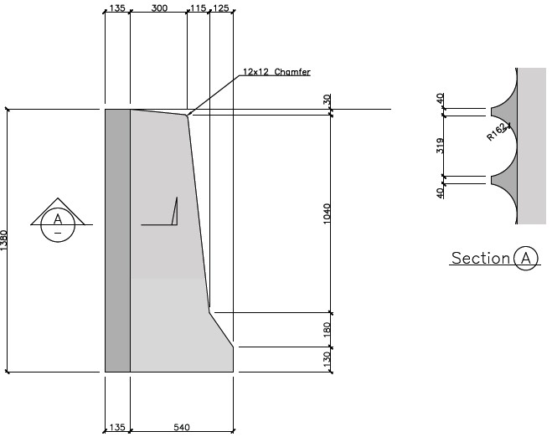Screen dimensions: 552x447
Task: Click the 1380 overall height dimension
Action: [3, 240]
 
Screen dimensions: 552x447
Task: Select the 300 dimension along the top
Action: [159, 8]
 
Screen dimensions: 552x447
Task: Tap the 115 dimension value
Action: [199, 8]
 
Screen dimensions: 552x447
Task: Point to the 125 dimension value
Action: [221, 8]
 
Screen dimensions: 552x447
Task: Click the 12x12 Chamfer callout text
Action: [276, 72]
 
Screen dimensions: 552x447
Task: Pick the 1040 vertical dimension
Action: [327, 213]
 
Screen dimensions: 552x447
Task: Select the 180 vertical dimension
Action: [327, 330]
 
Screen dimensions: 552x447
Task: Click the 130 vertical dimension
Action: [327, 359]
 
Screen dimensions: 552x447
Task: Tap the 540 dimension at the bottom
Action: [182, 427]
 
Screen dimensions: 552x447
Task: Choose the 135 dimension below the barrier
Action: [117, 427]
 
